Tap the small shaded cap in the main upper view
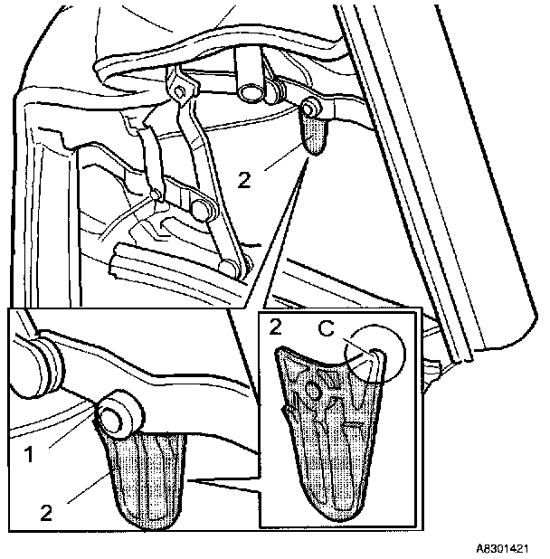click(x=313, y=136)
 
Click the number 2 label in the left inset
click(x=46, y=512)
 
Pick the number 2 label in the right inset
click(x=273, y=327)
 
